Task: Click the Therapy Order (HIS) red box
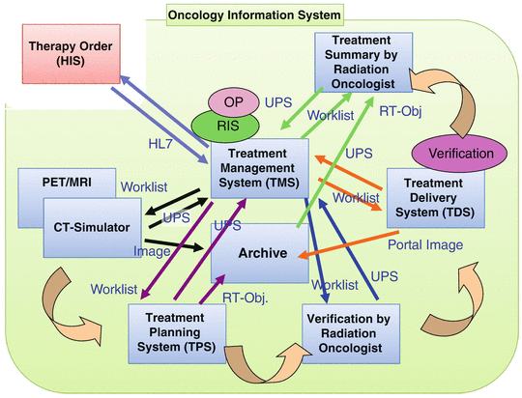[x=65, y=55]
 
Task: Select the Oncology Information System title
[x=254, y=14]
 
